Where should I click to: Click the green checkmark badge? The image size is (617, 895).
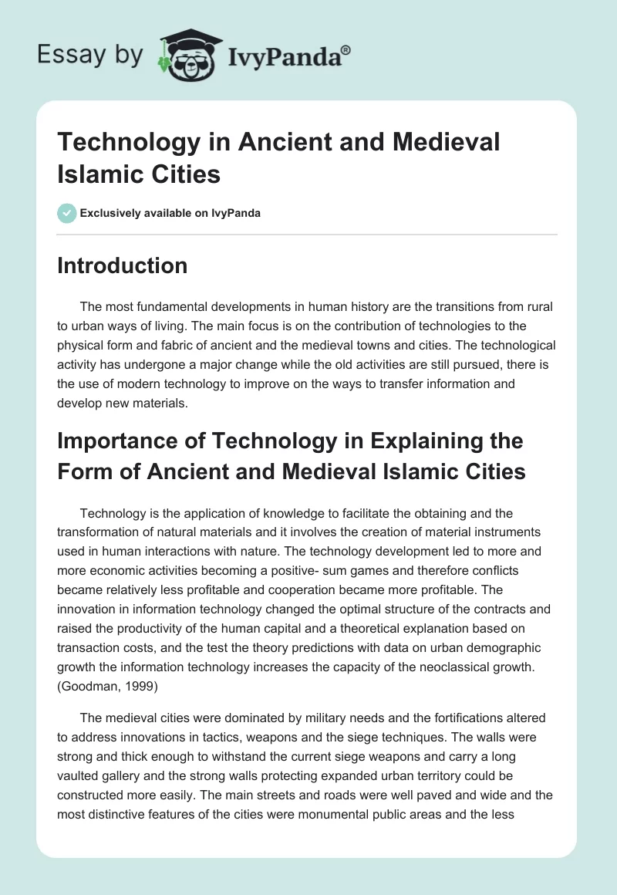68,213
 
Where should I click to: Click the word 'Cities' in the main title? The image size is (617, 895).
183,174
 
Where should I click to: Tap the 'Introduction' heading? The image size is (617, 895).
123,265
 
